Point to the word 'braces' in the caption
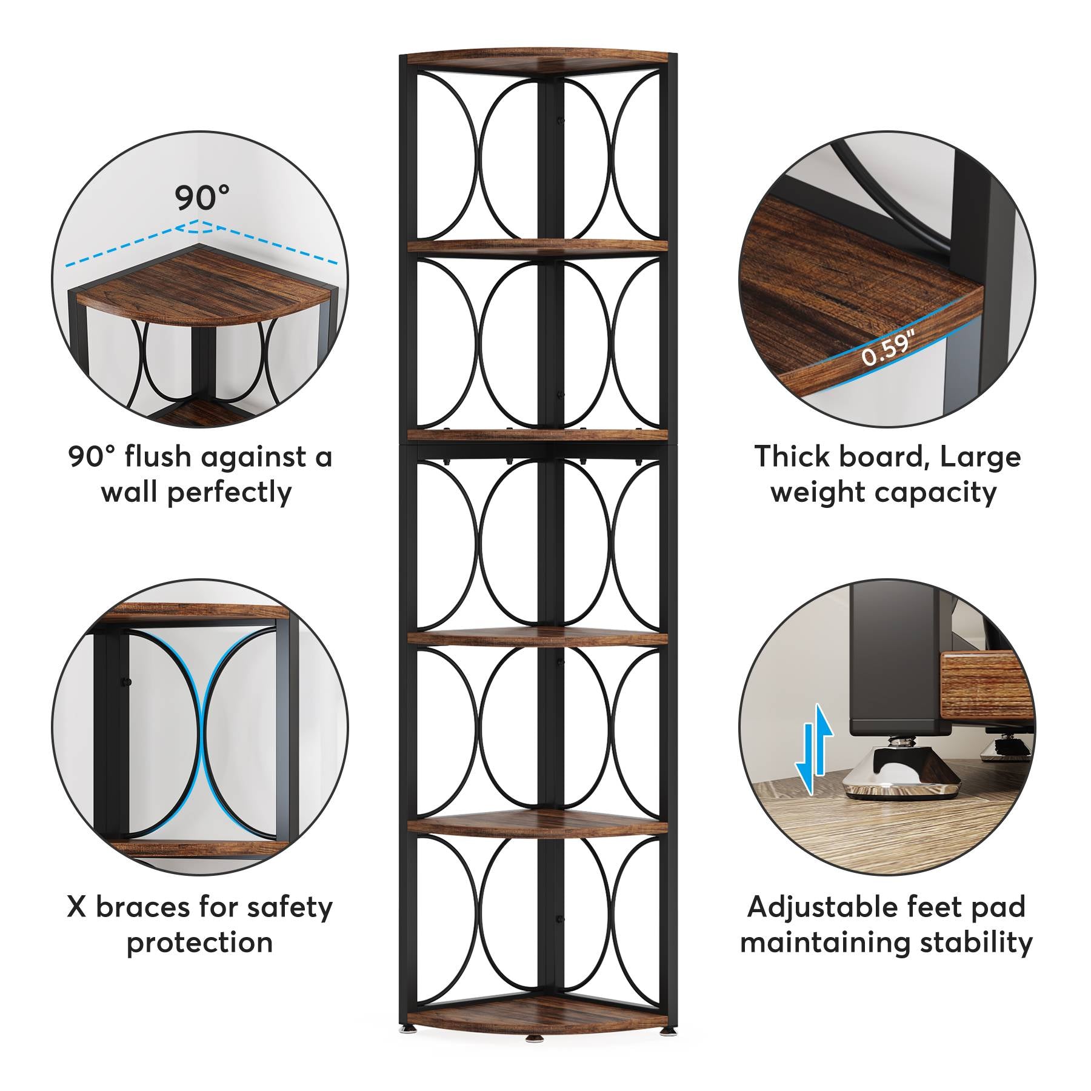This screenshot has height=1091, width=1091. (142, 907)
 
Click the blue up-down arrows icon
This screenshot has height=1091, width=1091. (814, 749)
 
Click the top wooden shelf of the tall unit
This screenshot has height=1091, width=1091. (538, 61)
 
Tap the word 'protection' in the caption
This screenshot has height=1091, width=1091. (199, 943)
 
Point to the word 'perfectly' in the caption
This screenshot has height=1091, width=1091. (230, 492)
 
